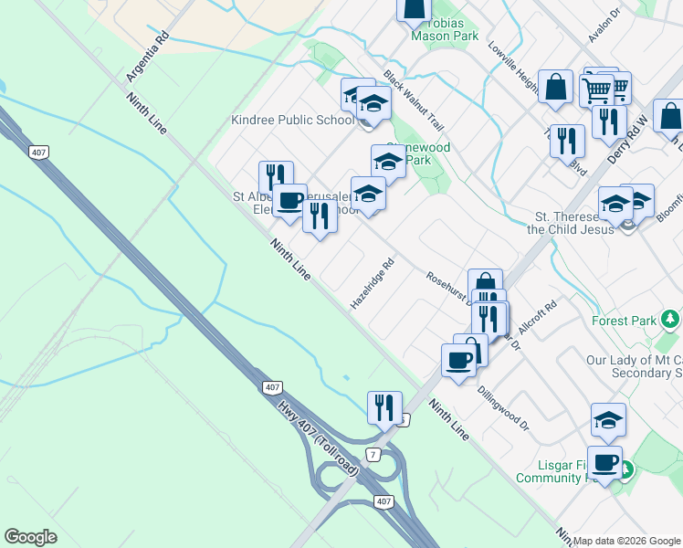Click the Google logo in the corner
pyautogui.click(x=31, y=537)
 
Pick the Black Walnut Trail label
pyautogui.click(x=414, y=101)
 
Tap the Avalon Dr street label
pyautogui.click(x=604, y=27)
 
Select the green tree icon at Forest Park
pyautogui.click(x=671, y=319)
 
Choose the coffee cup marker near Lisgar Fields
pyautogui.click(x=604, y=463)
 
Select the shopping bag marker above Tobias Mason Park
pyautogui.click(x=414, y=8)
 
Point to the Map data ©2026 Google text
pyautogui.click(x=626, y=540)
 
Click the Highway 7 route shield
pyautogui.click(x=372, y=454)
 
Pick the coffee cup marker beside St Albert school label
pyautogui.click(x=290, y=202)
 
